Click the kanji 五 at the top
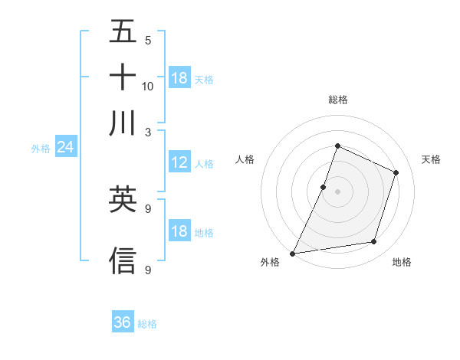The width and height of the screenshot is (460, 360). (123, 32)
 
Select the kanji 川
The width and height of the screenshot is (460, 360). (123, 123)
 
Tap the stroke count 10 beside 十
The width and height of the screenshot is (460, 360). (148, 86)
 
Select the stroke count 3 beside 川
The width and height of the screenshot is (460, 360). (147, 131)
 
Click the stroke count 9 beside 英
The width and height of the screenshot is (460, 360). (147, 208)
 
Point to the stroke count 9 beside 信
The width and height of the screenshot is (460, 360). (147, 269)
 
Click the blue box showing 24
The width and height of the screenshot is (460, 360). (65, 147)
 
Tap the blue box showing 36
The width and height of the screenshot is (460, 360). (123, 322)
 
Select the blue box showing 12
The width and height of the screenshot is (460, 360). (179, 162)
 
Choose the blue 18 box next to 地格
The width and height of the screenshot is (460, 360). (179, 231)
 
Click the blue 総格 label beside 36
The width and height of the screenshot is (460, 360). (147, 324)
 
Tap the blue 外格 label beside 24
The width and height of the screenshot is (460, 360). (41, 149)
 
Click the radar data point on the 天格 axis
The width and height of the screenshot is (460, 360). (396, 172)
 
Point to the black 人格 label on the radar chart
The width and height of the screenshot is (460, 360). (245, 159)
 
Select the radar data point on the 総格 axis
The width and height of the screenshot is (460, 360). (337, 146)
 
